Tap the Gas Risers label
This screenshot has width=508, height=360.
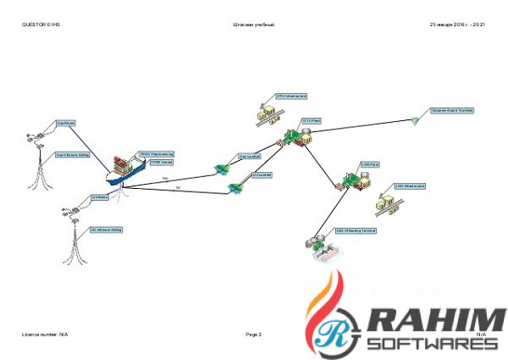67,124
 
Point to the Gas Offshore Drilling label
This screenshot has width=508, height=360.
73,154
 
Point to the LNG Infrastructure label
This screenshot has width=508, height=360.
410,186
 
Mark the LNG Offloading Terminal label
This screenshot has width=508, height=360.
356,230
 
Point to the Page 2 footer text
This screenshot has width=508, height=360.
254,335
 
